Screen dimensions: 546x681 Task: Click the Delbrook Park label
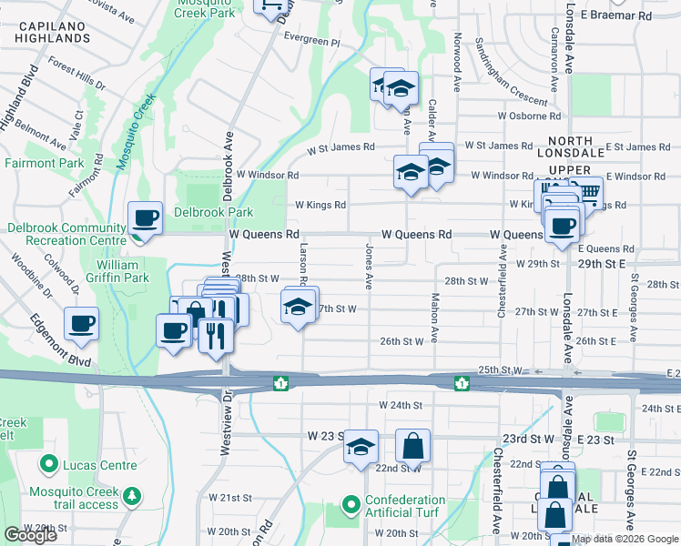[200, 212]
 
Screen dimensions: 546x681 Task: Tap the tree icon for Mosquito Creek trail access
[134, 496]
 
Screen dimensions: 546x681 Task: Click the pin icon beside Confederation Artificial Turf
[351, 503]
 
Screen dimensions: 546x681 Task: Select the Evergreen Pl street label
[310, 43]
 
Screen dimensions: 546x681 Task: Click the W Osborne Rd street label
[529, 116]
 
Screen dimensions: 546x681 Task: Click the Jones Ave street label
[370, 266]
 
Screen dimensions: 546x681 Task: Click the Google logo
[30, 535]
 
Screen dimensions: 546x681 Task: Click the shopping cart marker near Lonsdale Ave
[588, 192]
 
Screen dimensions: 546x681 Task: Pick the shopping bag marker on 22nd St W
[413, 447]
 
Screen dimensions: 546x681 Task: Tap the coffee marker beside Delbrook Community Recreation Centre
[145, 219]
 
